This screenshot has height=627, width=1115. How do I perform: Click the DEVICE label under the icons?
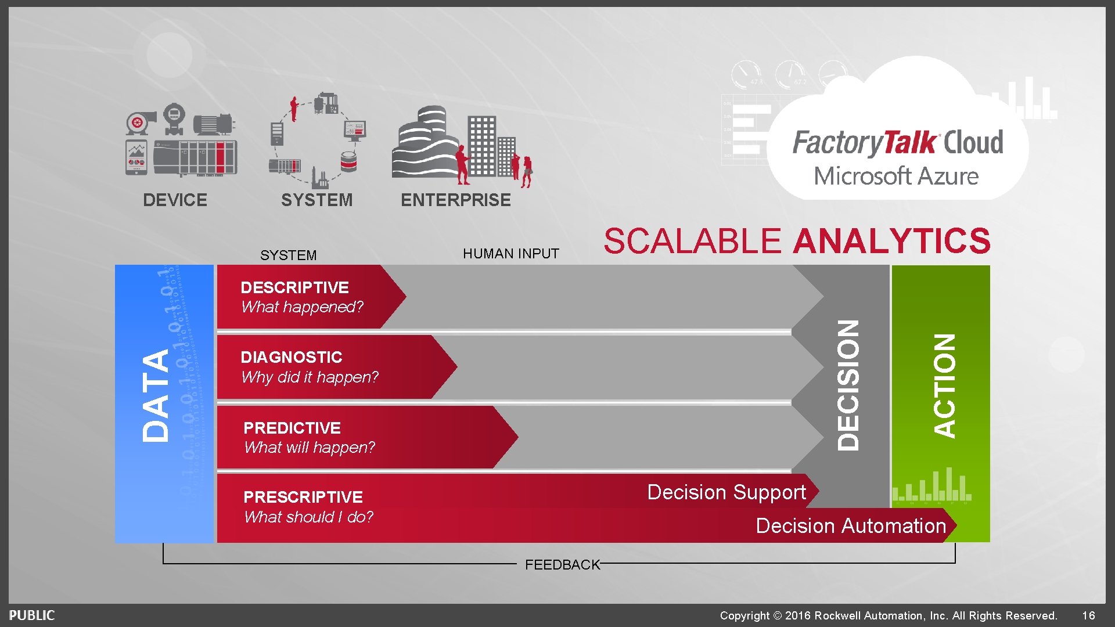click(175, 200)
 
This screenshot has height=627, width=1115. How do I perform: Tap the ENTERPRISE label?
click(455, 200)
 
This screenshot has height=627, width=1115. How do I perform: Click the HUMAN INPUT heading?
click(510, 254)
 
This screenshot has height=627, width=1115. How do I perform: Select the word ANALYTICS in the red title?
click(891, 241)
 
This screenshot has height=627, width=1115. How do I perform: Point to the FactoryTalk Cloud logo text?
click(897, 143)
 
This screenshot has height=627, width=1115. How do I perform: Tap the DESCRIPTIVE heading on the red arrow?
click(294, 287)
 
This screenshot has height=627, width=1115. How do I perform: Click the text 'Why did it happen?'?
click(310, 377)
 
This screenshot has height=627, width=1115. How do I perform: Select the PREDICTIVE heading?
click(292, 428)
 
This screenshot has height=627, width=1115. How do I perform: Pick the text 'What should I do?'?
click(308, 517)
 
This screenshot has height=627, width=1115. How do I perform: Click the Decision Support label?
click(726, 492)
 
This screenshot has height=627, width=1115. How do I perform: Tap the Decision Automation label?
click(851, 526)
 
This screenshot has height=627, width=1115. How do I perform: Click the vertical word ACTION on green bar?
click(944, 385)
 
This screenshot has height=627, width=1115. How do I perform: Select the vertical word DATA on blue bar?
click(156, 395)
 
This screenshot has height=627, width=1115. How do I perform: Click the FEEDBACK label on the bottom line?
click(562, 565)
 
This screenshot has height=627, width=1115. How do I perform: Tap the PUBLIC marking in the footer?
click(32, 615)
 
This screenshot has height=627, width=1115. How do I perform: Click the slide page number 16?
click(1088, 615)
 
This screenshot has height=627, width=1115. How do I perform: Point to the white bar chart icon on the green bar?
click(931, 486)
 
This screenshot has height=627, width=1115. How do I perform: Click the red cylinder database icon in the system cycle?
click(348, 162)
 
